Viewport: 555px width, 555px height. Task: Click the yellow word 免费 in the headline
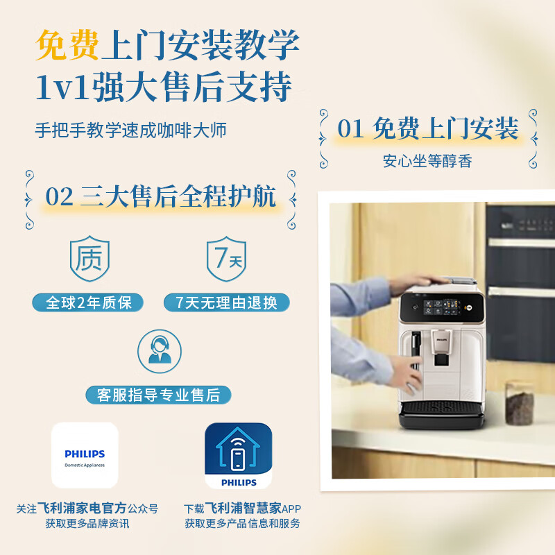(67, 45)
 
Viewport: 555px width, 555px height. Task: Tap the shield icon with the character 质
(89, 258)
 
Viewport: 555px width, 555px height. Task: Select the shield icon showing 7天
(227, 259)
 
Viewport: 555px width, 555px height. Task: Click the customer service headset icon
(160, 351)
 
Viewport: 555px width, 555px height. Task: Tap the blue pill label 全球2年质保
(88, 302)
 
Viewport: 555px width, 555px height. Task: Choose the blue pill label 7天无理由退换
(227, 302)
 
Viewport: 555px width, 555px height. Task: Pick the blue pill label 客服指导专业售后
(159, 395)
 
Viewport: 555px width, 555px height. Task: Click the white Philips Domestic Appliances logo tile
(85, 455)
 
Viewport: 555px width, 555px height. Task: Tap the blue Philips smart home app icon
(239, 456)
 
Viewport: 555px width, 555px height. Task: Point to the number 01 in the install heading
(350, 128)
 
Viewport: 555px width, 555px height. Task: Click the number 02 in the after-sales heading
(59, 196)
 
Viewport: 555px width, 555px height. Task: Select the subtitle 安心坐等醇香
(427, 161)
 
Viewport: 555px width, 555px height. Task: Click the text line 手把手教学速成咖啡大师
(130, 130)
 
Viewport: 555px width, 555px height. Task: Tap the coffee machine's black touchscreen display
(442, 307)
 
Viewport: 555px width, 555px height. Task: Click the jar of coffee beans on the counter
(519, 403)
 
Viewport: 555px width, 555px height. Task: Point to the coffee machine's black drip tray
(441, 414)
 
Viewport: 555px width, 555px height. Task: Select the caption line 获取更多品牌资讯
(87, 523)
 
